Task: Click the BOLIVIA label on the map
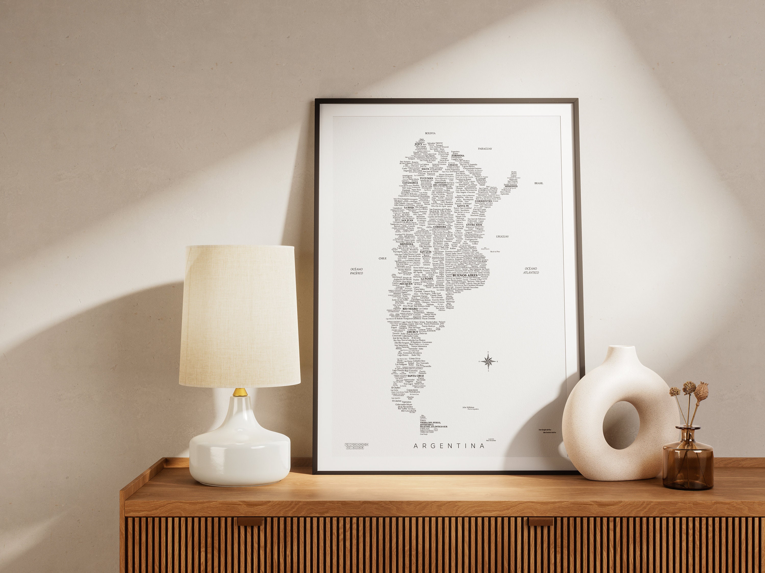(x=430, y=133)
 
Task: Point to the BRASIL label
(x=539, y=183)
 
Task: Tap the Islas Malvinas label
(x=468, y=407)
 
